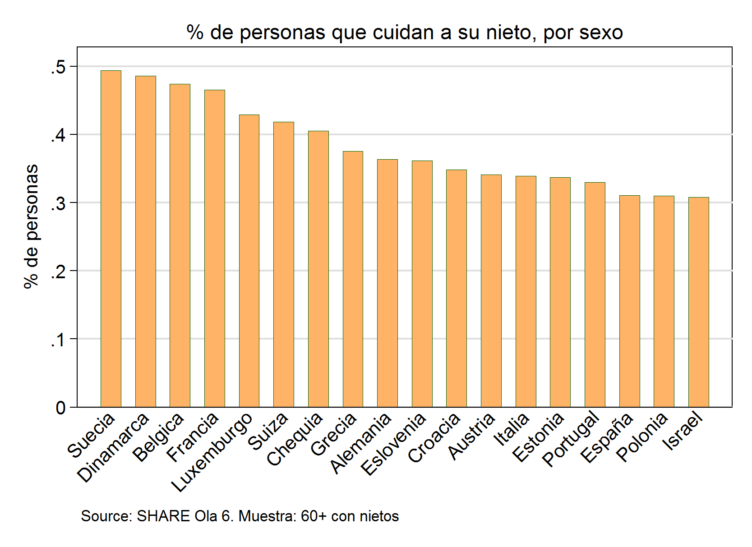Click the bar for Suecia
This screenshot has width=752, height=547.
point(111,239)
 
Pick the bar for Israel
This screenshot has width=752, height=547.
point(698,302)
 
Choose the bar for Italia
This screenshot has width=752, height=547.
point(526,291)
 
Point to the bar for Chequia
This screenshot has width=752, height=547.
point(318,269)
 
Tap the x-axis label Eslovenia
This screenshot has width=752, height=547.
point(393,444)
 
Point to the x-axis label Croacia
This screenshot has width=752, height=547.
point(434,438)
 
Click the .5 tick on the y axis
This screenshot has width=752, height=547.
point(58,68)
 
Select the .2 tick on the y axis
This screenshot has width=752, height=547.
point(58,271)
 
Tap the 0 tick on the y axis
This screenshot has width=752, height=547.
point(60,408)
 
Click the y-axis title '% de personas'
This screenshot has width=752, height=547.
point(32,226)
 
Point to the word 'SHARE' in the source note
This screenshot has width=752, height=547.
point(163,516)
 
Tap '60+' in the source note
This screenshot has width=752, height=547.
point(314,516)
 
